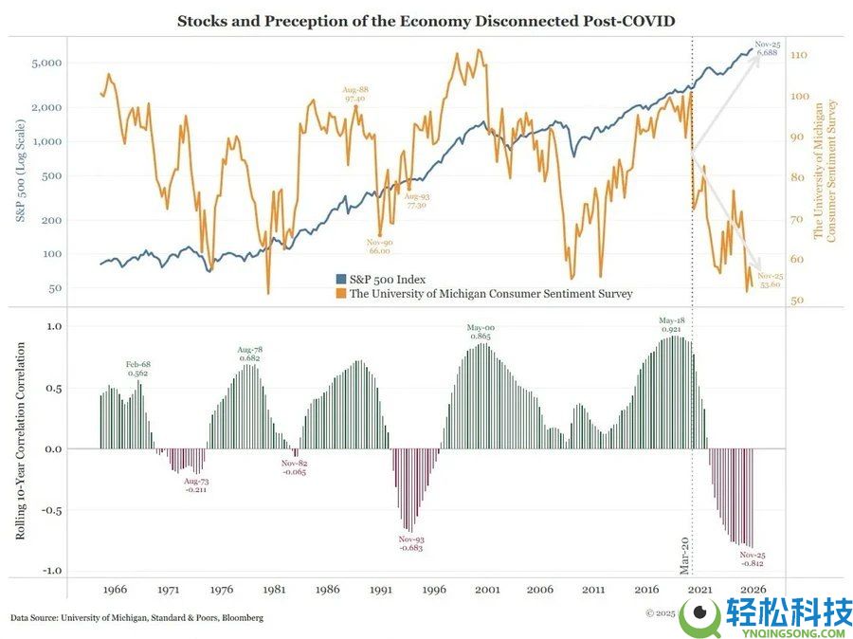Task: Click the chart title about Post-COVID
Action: pos(426,20)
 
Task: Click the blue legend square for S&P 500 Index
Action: pos(341,280)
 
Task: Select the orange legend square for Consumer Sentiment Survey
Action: pos(341,294)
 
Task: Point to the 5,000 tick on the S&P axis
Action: pos(46,64)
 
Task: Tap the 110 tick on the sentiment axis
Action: pos(798,56)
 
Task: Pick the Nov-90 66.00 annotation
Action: pos(379,247)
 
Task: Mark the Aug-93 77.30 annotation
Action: pos(416,200)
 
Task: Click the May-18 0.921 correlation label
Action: pos(672,324)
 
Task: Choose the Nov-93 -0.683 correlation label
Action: pos(411,543)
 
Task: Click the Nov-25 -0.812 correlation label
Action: pos(752,559)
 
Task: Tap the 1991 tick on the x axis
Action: pos(381,590)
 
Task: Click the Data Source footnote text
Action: pos(137,618)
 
